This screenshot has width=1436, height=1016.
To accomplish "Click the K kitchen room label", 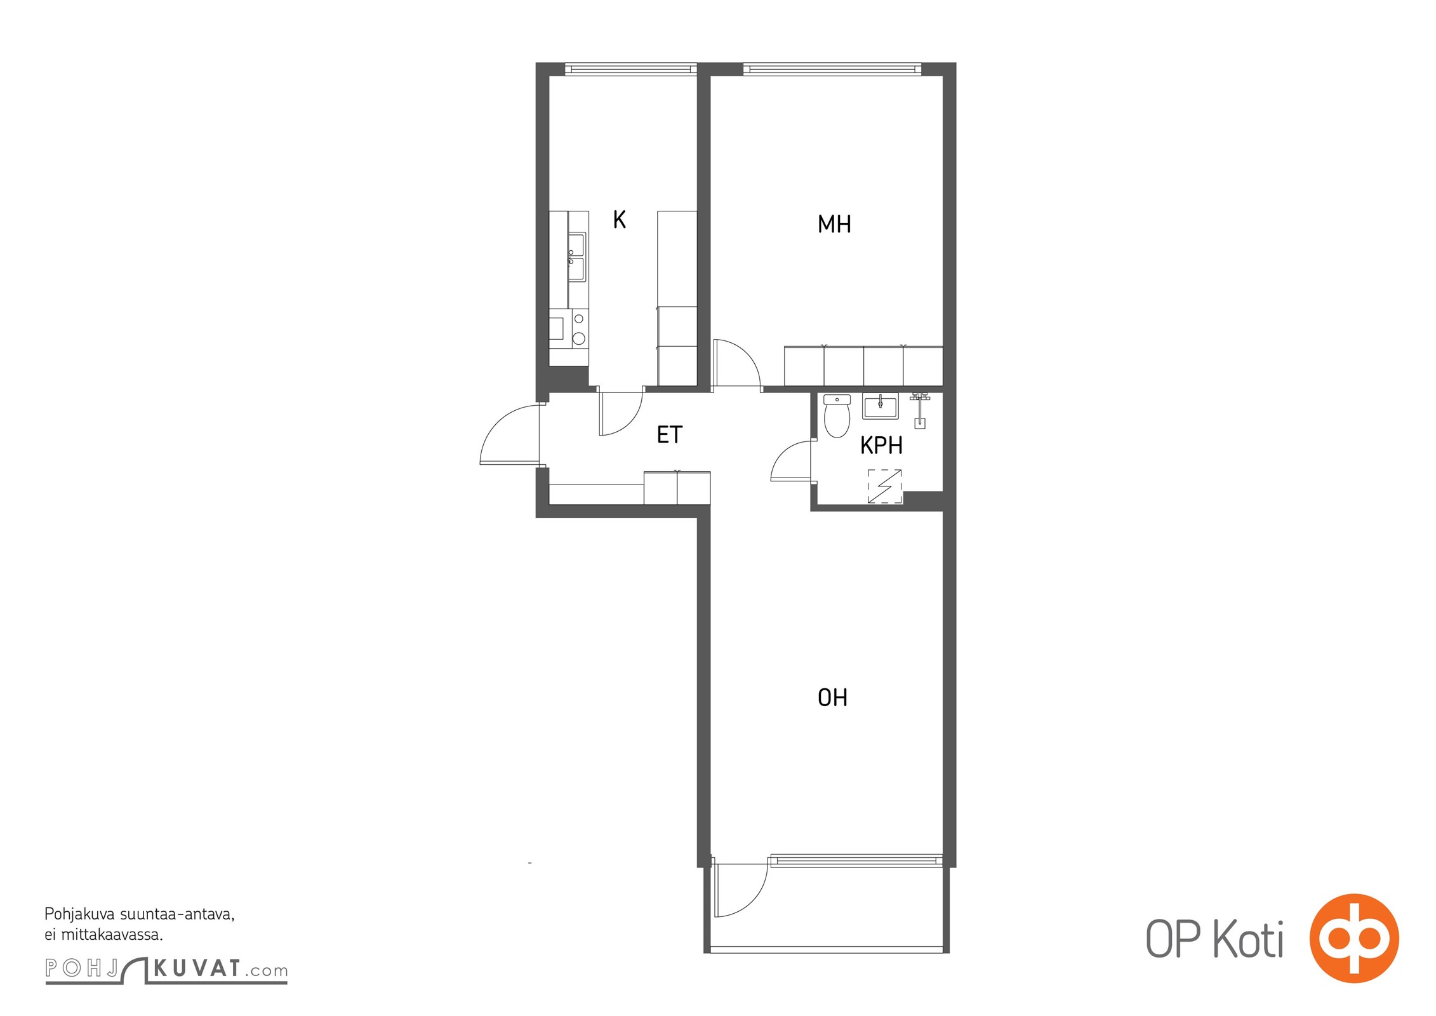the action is click(620, 219).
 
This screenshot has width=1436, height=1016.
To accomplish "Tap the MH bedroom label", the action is click(834, 224).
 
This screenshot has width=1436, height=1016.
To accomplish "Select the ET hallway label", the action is click(669, 435).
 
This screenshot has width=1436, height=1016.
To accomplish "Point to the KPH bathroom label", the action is click(881, 446).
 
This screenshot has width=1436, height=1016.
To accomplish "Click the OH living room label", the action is click(832, 698).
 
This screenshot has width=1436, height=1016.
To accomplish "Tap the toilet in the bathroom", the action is click(837, 416).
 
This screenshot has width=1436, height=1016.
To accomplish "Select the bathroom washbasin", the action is click(880, 406).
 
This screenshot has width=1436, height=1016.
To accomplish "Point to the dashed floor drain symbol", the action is click(884, 486).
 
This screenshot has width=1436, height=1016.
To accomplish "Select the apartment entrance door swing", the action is click(509, 435).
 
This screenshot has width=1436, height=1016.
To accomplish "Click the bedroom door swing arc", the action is click(736, 364).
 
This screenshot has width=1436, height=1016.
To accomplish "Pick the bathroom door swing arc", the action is click(790, 460).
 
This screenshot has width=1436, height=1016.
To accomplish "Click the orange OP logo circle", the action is click(1354, 939).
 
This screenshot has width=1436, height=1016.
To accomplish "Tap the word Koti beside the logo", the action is click(1248, 939).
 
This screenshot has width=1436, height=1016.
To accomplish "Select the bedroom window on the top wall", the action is click(832, 69).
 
